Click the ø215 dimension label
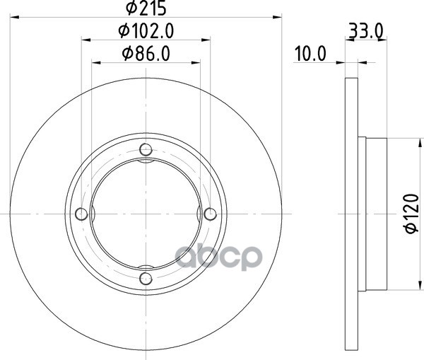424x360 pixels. [x=146, y=8]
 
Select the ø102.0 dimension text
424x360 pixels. [x=146, y=31]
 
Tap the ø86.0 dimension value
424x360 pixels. [x=146, y=54]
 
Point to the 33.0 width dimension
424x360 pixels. [x=366, y=31]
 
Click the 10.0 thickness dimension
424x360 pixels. [x=310, y=54]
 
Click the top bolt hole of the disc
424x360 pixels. [x=146, y=149]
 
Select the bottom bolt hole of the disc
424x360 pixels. [x=146, y=278]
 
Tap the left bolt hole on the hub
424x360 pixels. [x=81, y=214]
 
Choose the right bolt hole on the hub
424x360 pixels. [x=210, y=214]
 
